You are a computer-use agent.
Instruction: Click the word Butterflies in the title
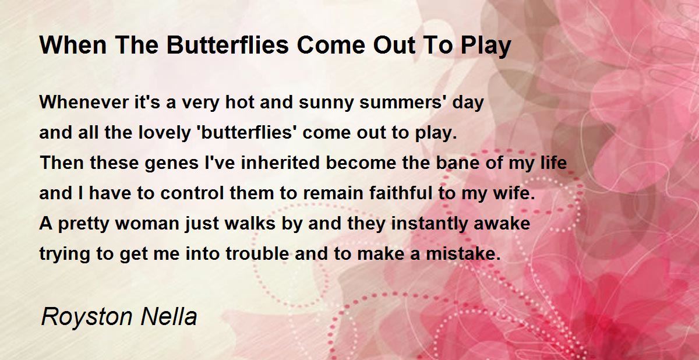click(x=228, y=45)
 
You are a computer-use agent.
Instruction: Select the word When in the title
click(x=73, y=45)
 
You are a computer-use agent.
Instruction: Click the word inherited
click(x=280, y=163)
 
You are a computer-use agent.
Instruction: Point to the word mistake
click(x=464, y=253)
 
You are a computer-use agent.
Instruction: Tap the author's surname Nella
click(x=169, y=316)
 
